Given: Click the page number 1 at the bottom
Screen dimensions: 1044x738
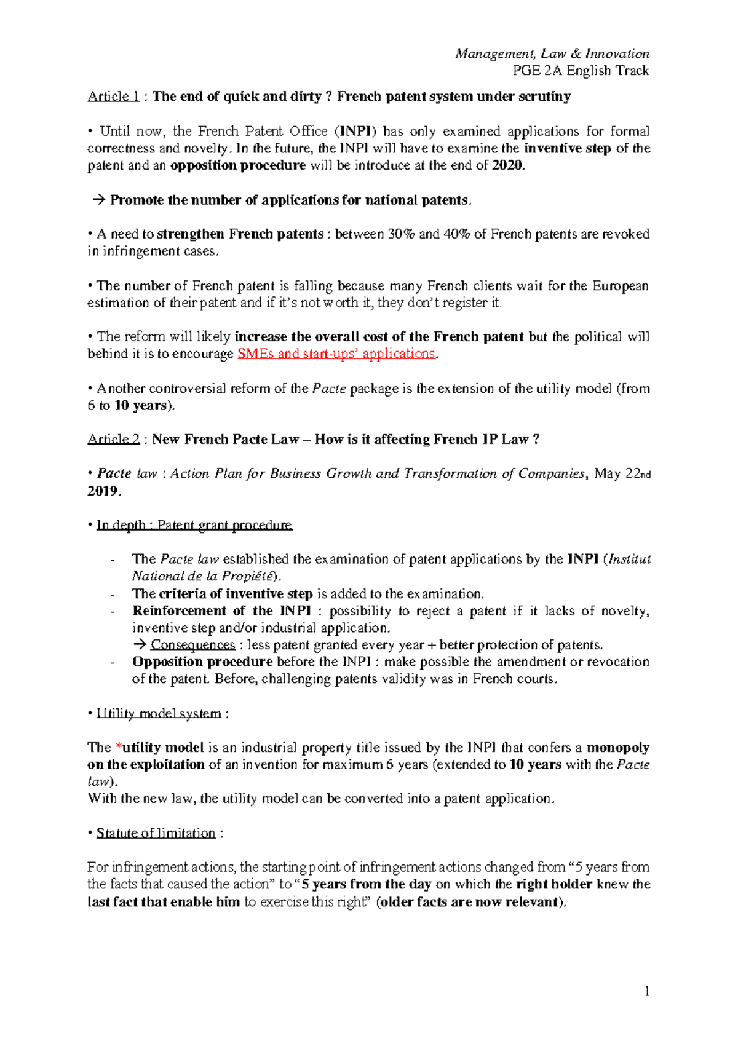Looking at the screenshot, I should pyautogui.click(x=646, y=991).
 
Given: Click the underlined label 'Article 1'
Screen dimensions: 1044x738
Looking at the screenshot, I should pyautogui.click(x=108, y=97).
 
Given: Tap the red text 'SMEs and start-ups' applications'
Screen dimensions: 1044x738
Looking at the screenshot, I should pyautogui.click(x=336, y=354).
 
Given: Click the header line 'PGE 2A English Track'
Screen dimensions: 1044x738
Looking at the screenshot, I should pyautogui.click(x=581, y=71).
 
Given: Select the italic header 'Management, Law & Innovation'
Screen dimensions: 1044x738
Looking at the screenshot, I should pyautogui.click(x=552, y=54).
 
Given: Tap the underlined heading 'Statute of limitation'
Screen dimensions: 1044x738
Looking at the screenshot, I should pyautogui.click(x=156, y=834).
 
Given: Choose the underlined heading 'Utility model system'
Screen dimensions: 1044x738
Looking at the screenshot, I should pyautogui.click(x=159, y=714).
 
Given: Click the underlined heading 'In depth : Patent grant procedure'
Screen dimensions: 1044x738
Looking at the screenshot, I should pyautogui.click(x=194, y=525).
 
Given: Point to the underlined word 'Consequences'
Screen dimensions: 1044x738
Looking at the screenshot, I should pyautogui.click(x=192, y=645).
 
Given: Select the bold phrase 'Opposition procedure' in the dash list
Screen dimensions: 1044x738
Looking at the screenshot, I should pyautogui.click(x=202, y=662).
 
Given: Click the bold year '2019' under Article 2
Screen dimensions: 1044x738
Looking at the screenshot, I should pyautogui.click(x=102, y=491).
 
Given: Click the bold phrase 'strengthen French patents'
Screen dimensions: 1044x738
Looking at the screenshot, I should pyautogui.click(x=240, y=234).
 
